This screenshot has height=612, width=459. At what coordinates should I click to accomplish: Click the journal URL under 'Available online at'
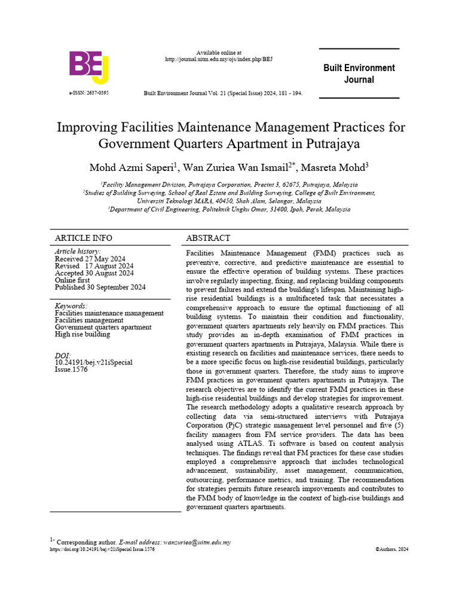[x=219, y=60]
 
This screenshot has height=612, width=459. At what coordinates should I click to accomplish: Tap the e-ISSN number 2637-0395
[x=89, y=94]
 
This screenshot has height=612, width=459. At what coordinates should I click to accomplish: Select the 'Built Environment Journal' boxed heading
[x=359, y=74]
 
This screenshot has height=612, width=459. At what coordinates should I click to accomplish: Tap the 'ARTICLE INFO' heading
[x=84, y=237]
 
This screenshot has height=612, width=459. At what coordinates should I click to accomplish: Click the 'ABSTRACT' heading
[x=209, y=237]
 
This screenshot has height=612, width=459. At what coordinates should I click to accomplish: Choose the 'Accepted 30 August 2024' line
[x=94, y=273]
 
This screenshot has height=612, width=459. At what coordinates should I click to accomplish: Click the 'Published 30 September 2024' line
[x=100, y=287]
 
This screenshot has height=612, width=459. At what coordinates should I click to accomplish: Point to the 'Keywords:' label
[x=71, y=306]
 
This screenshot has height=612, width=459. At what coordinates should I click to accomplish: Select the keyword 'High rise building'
[x=82, y=335]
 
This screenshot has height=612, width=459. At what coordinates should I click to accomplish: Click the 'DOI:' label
[x=63, y=356]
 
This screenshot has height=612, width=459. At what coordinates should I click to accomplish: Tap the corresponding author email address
[x=197, y=543]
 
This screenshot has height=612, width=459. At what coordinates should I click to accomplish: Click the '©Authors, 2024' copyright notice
[x=392, y=549]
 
